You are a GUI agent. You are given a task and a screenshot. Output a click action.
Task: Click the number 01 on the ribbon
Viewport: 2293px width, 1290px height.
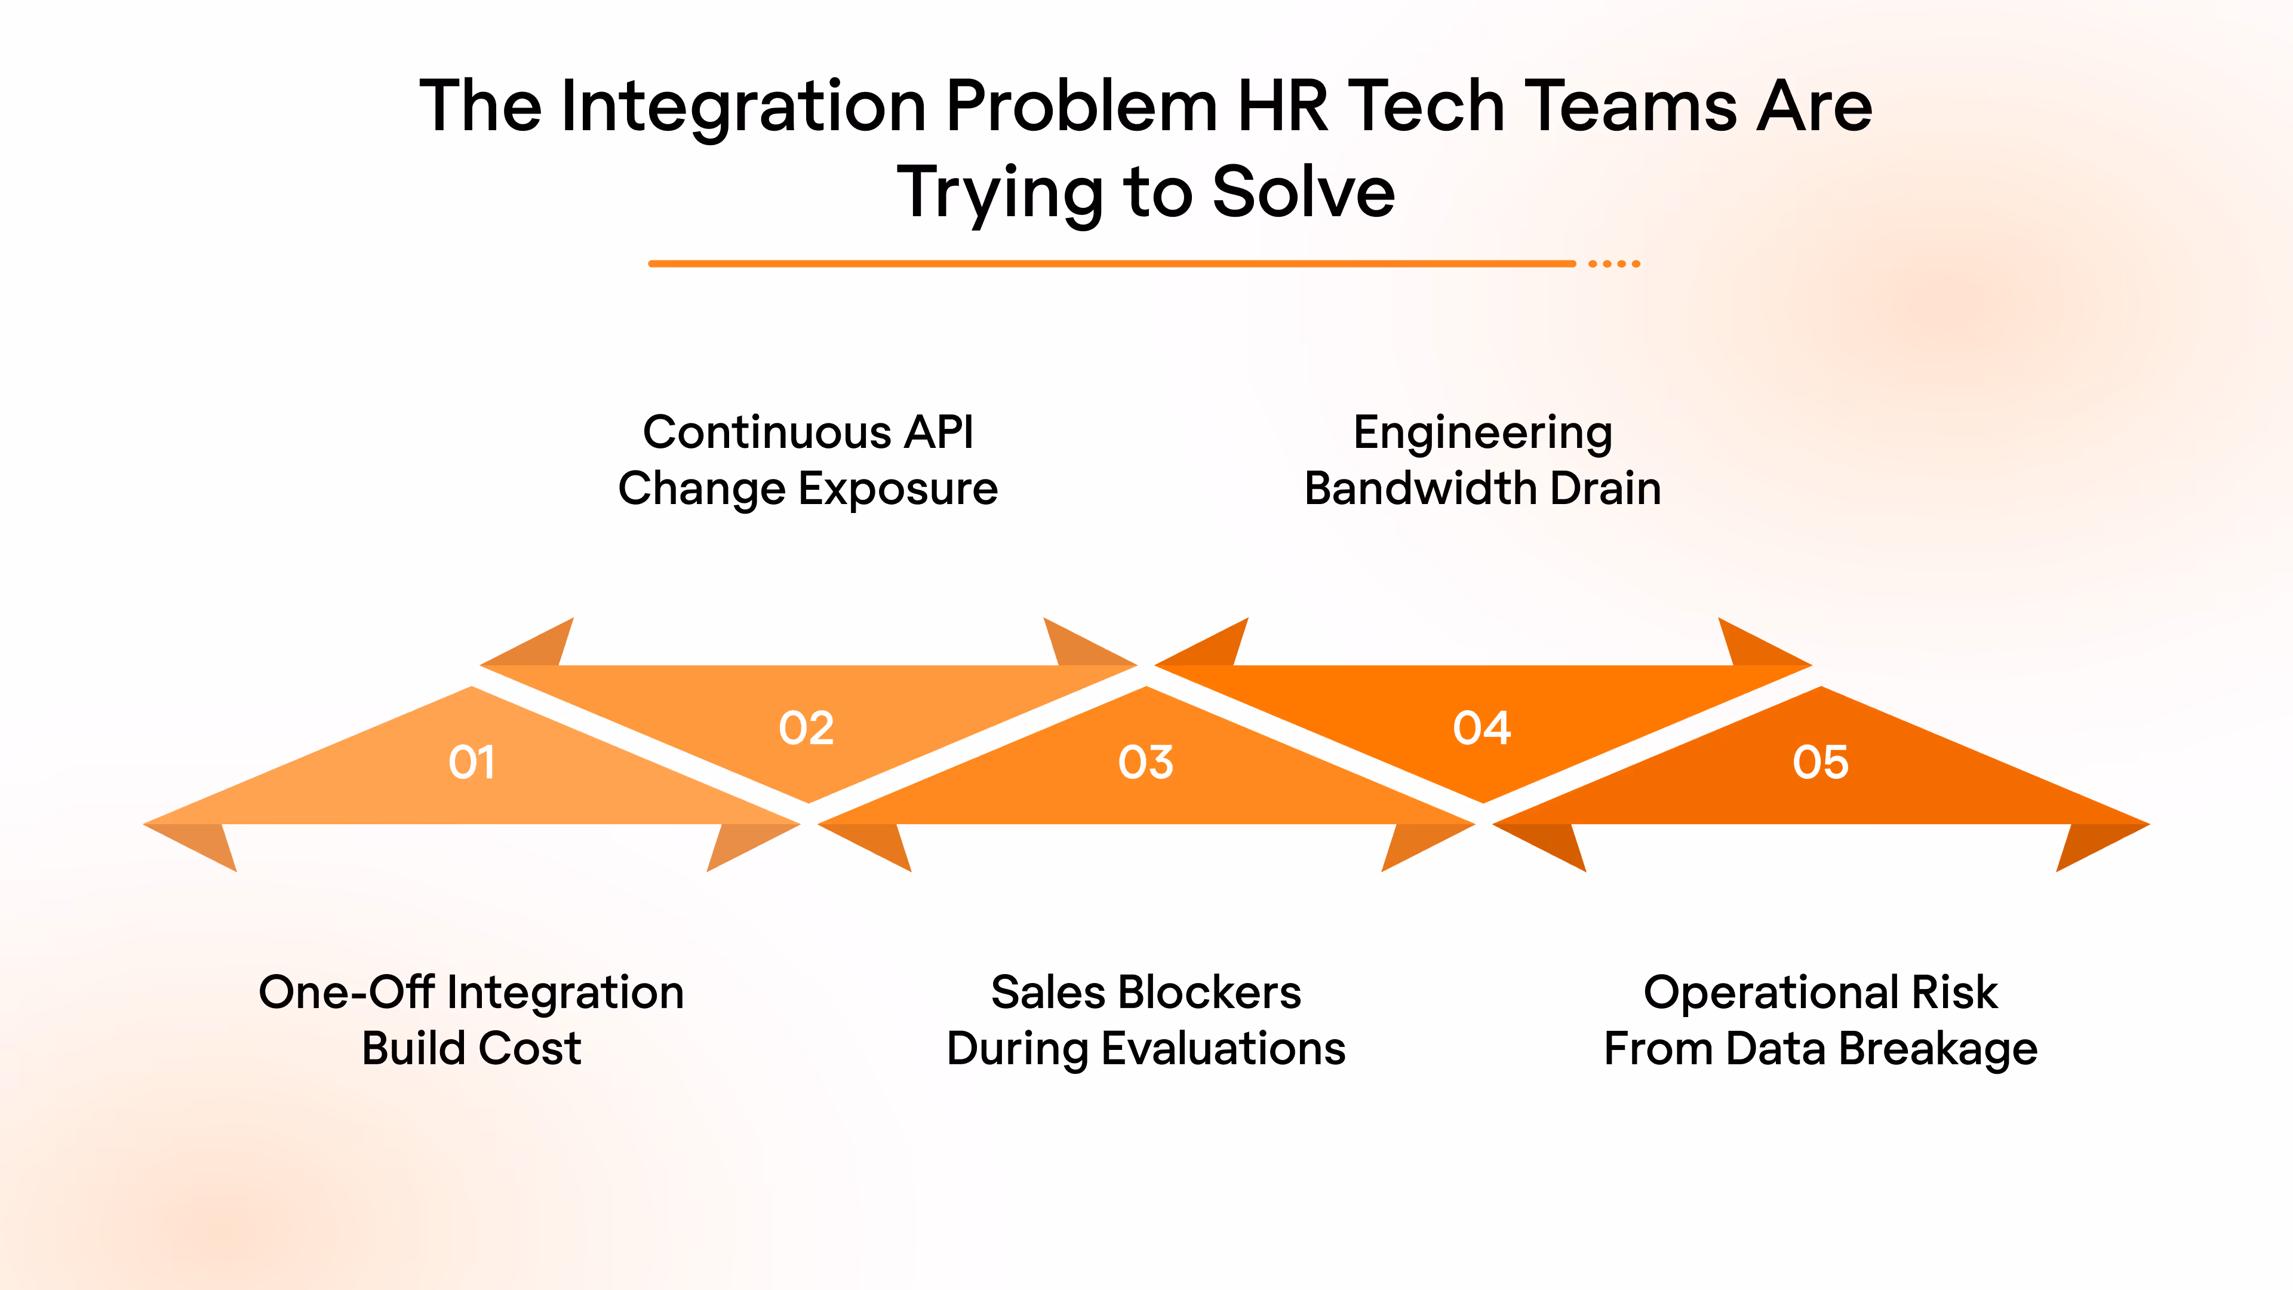click(472, 762)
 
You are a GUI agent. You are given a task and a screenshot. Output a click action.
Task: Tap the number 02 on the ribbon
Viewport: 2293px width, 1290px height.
click(807, 728)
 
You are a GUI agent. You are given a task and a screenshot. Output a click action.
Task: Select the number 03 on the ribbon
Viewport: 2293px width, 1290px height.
click(1146, 762)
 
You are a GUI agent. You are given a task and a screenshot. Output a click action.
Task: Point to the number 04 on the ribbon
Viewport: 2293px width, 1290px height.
click(1482, 728)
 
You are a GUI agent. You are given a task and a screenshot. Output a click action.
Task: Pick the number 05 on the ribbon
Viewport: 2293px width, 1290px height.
click(1820, 762)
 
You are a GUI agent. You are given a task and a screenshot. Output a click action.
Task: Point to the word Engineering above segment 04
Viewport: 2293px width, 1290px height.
click(1483, 434)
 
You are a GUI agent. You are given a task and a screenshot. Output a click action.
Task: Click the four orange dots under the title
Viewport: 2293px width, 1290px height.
click(1614, 263)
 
